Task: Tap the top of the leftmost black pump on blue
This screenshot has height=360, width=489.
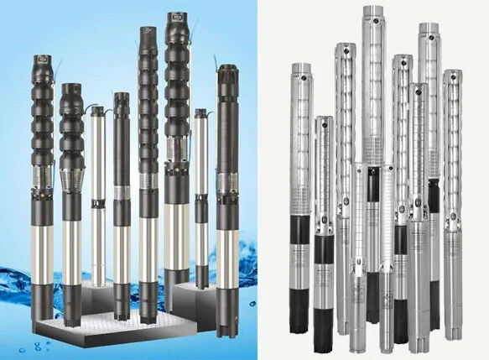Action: tap(42, 60)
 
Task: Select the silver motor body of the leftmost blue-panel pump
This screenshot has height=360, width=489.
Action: tap(43, 243)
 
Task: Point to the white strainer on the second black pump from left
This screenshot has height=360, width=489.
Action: tap(72, 178)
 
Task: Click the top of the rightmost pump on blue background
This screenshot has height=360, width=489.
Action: tap(227, 70)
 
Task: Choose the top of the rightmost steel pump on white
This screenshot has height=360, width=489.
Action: tap(453, 75)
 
